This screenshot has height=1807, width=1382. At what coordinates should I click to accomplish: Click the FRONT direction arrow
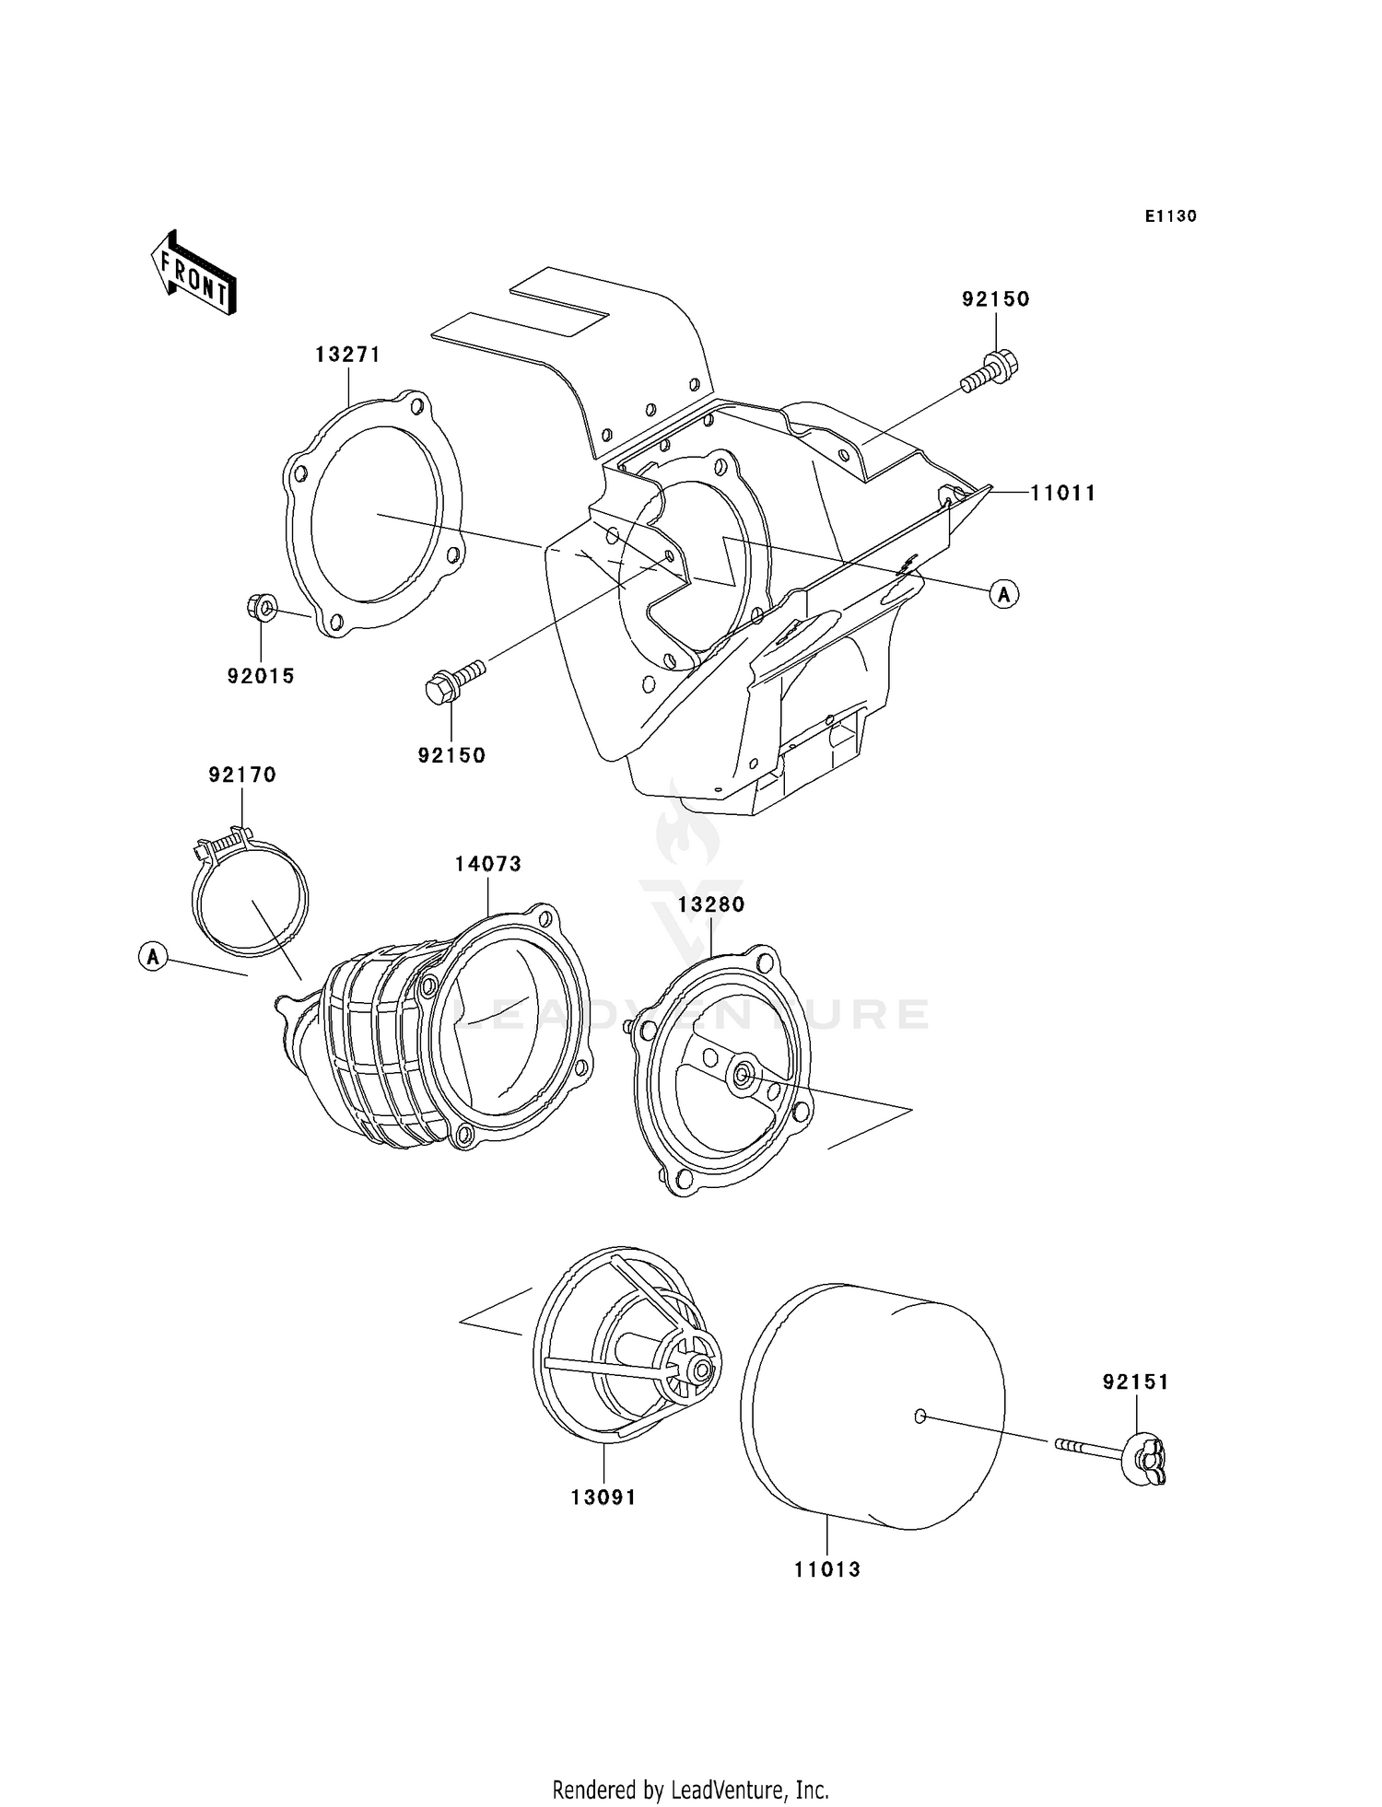tap(194, 274)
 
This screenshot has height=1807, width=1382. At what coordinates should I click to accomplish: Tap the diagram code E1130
tap(1170, 216)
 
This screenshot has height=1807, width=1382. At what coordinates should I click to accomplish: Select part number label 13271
tap(347, 355)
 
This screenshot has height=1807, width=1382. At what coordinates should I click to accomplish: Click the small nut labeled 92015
tap(262, 608)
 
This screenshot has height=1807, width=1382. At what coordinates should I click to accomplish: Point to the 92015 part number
tap(261, 676)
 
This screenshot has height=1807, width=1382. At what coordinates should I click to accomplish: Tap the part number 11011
tap(1062, 494)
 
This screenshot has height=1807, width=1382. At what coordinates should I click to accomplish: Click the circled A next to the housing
tap(1003, 595)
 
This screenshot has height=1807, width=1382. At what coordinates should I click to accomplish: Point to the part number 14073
tap(487, 864)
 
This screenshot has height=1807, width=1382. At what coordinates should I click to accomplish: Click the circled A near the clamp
tap(153, 957)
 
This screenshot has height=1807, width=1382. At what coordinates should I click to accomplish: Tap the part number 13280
tap(710, 904)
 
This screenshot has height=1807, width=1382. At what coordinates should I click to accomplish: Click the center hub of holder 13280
tap(741, 1075)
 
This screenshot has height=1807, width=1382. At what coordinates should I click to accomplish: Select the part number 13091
tap(603, 1498)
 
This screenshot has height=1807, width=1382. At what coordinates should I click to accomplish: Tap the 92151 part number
tap(1135, 1381)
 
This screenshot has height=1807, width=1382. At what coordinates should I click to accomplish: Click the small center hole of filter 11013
tap(919, 1416)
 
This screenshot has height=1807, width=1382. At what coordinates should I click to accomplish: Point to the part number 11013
tap(826, 1569)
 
